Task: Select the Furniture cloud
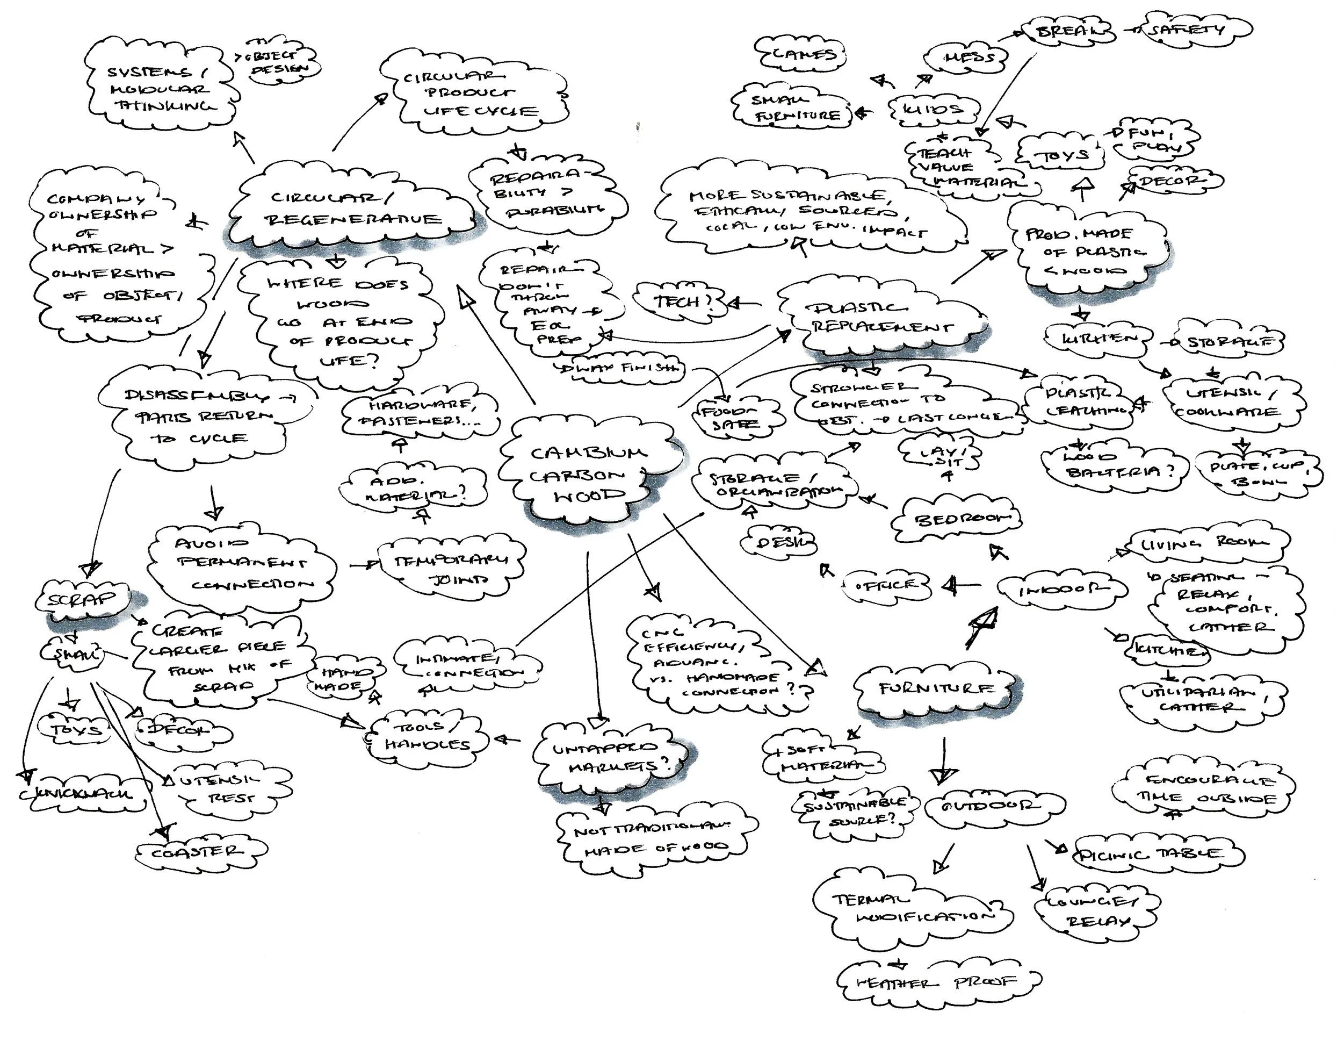coord(937,688)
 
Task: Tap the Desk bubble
coord(778,542)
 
